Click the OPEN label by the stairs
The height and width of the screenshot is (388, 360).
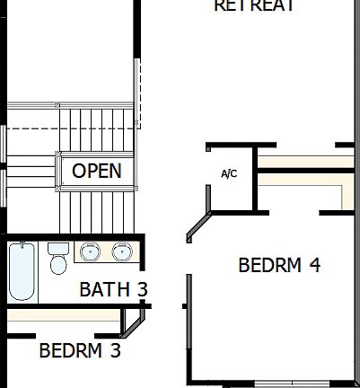[x=97, y=171]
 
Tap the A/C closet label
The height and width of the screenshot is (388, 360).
[x=229, y=173]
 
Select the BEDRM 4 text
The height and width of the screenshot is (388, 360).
[x=279, y=265]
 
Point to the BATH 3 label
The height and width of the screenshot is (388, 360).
[x=113, y=289]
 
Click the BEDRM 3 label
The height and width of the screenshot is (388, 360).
[x=80, y=349]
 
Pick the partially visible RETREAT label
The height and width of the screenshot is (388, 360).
[x=255, y=5]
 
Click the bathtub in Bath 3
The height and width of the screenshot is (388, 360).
[x=22, y=273]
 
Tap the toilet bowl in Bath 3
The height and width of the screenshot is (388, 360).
[x=59, y=265]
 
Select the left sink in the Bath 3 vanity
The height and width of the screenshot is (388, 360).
[x=90, y=252]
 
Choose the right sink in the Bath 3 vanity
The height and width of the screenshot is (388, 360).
[x=122, y=252]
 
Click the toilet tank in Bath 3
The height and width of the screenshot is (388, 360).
[x=58, y=248]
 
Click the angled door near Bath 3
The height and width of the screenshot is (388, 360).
[x=134, y=319]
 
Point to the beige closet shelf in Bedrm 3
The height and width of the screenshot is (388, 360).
[x=63, y=316]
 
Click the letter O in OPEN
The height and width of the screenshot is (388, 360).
[x=79, y=171]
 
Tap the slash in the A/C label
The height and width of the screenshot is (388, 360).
[x=229, y=173]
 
